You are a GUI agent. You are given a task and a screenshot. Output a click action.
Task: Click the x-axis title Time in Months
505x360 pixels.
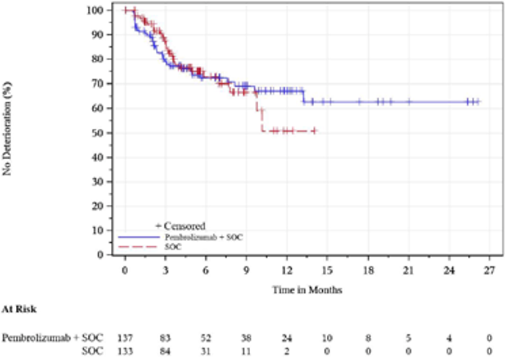coord(307,289)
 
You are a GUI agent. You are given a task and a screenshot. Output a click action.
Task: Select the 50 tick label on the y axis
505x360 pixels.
coord(98,132)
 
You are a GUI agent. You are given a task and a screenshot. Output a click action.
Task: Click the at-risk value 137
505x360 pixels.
coord(125,338)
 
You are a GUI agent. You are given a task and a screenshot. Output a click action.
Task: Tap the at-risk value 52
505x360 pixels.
coord(205,338)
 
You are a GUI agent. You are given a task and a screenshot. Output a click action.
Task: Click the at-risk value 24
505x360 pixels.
coord(286,338)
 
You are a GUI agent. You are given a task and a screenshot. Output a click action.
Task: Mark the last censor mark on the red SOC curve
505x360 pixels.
coord(314,131)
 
